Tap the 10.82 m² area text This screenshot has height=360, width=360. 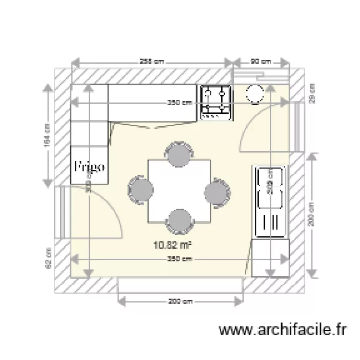172,246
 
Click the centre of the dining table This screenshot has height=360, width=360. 179,191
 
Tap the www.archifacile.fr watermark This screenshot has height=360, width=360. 282,330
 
